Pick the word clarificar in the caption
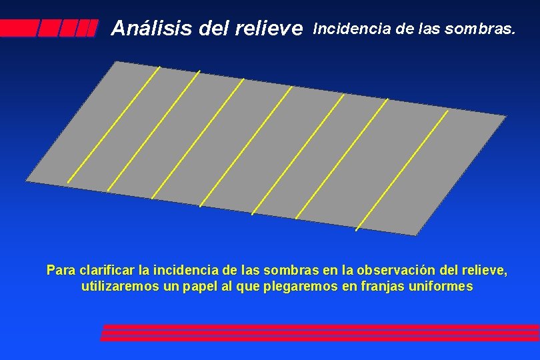pyautogui.click(x=107, y=271)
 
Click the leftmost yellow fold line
pyautogui.click(x=113, y=124)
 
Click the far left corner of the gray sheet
pyautogui.click(x=27, y=180)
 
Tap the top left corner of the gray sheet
pyautogui.click(x=117, y=62)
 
